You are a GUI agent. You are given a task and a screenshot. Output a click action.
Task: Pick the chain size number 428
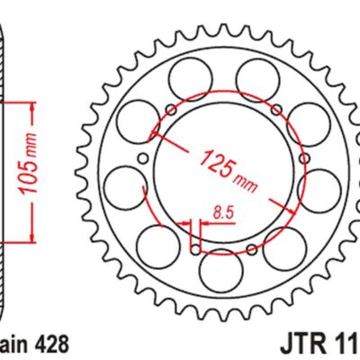coord(50,343)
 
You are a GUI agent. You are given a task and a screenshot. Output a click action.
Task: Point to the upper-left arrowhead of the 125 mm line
coord(155,134)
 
